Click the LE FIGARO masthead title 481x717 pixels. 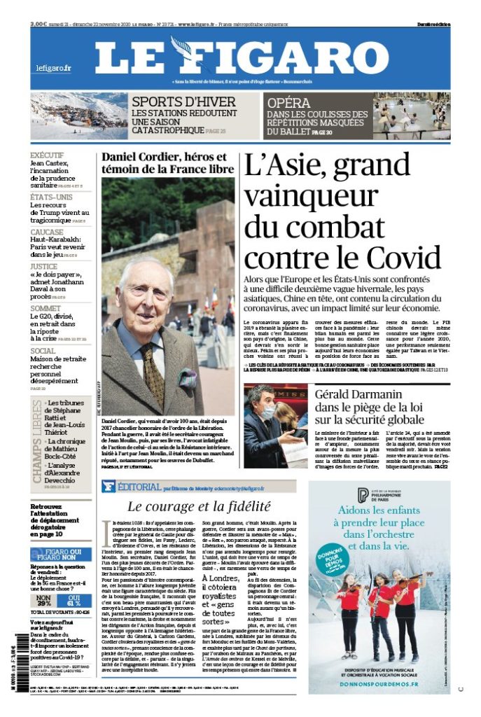[241, 57]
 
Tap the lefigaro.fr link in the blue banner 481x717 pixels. [54, 68]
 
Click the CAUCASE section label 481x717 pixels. [47, 232]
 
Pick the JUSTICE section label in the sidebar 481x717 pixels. [44, 266]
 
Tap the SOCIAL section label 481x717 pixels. [43, 351]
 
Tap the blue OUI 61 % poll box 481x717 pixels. [74, 600]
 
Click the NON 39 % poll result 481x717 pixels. [44, 600]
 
